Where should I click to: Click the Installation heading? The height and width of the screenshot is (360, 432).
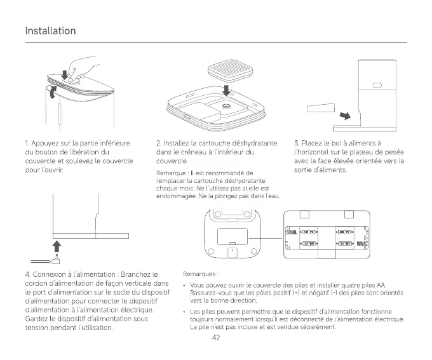tap(50, 31)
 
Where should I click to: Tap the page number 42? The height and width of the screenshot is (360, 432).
tap(216, 337)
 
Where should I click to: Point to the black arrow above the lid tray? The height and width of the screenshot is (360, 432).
tap(227, 88)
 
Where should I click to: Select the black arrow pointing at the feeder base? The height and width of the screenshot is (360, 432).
tap(344, 116)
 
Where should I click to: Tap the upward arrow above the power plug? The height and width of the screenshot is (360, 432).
tap(55, 244)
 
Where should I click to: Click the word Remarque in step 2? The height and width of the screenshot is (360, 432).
tap(170, 173)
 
